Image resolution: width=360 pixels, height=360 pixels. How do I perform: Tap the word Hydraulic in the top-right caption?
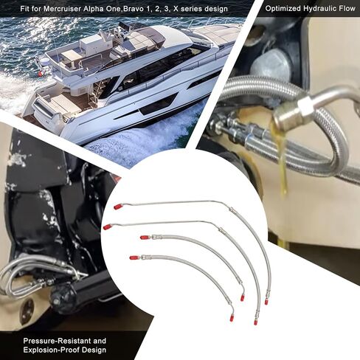(x=319, y=10)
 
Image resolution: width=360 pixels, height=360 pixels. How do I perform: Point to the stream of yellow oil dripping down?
(x=283, y=159)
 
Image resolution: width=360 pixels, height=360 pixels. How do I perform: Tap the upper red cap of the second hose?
(x=108, y=226)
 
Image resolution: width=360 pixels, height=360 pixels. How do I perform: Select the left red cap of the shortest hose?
(x=133, y=257)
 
